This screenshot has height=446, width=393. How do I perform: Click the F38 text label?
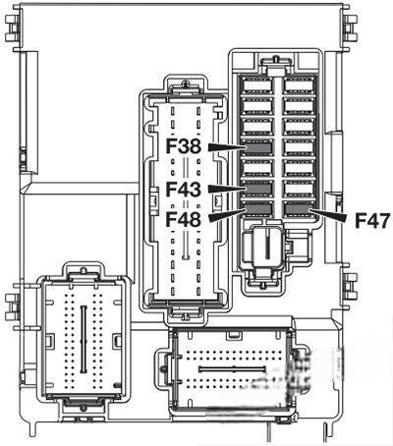click(x=183, y=146)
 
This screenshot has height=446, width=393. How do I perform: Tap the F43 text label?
click(x=183, y=190)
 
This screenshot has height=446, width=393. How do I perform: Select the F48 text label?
click(x=183, y=219)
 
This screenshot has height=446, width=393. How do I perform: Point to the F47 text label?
click(x=372, y=220)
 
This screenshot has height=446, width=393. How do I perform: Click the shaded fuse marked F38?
click(x=258, y=147)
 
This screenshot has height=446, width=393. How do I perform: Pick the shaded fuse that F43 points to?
click(x=258, y=189)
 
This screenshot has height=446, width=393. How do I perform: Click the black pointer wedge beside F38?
click(x=227, y=147)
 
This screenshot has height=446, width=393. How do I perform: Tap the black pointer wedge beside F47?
click(x=327, y=216)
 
